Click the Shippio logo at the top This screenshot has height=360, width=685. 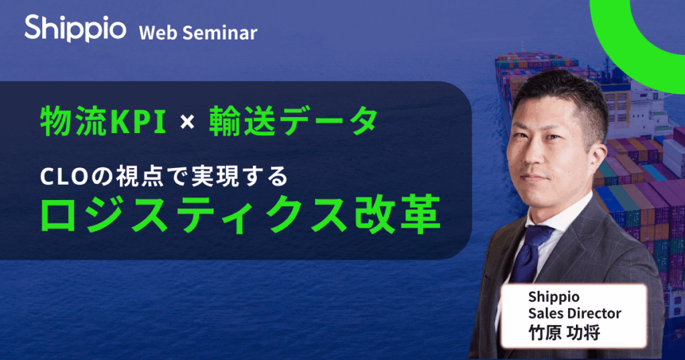pos(74,28)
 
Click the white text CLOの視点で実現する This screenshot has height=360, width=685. pos(163,177)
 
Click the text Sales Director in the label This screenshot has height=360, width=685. pos(574,313)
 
